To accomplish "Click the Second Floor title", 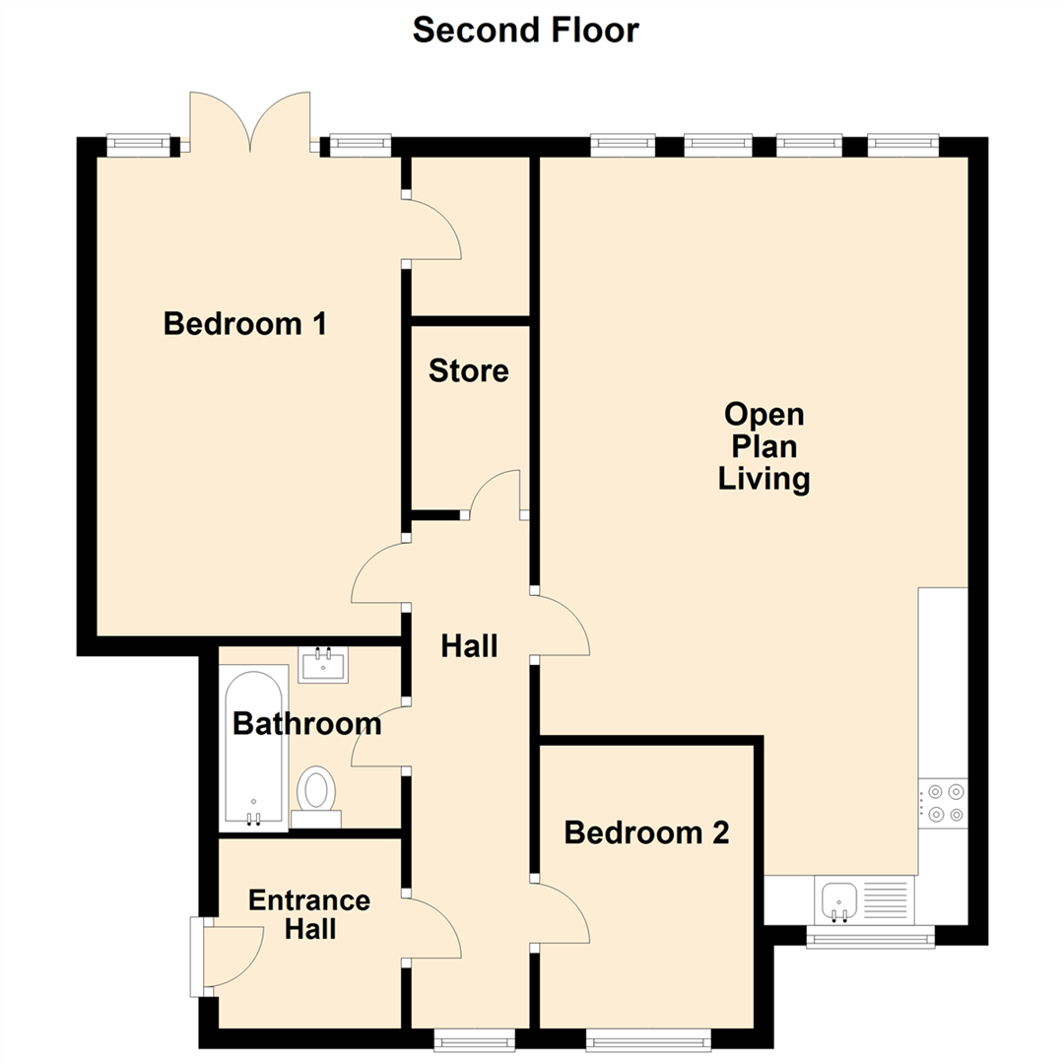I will point(525,30).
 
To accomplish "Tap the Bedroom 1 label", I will point(245,323).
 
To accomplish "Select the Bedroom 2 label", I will point(646,832).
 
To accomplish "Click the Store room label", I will point(469,371).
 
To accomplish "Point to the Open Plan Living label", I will point(765,445).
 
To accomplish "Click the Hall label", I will point(469,646).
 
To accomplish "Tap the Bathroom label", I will point(306,724).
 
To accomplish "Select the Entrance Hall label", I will point(308,914).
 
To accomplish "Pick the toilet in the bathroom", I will point(316,794).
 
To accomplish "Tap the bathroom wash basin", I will point(323,665).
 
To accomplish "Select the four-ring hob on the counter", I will point(943,801).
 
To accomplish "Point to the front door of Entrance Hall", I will point(229,954).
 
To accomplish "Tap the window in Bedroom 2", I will point(647,1039).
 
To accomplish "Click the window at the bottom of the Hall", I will point(475,1039).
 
